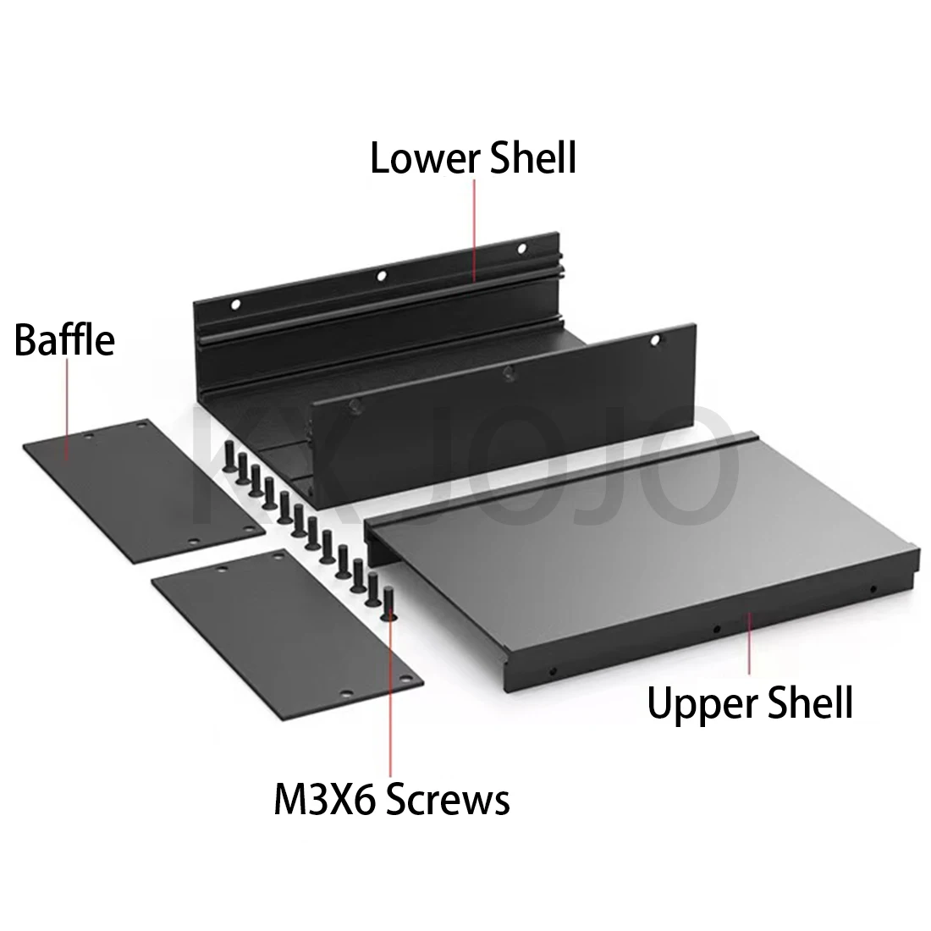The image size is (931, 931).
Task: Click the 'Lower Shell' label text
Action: click(473, 158)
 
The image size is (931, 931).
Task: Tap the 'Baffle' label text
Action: click(64, 339)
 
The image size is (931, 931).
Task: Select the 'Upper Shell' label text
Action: click(750, 704)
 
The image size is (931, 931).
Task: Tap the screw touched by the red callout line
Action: click(389, 603)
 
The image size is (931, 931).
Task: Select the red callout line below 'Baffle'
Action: click(67, 409)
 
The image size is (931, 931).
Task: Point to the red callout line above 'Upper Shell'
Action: click(749, 643)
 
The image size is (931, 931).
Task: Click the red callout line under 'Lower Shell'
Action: click(475, 229)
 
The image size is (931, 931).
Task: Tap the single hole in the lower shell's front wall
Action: click(655, 340)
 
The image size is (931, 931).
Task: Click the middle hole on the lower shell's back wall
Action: click(381, 276)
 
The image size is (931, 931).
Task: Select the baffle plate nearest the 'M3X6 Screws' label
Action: click(288, 634)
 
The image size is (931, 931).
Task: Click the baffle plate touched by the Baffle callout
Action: click(144, 491)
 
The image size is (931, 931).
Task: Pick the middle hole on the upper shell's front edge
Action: click(717, 629)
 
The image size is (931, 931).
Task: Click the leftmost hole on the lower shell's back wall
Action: click(236, 305)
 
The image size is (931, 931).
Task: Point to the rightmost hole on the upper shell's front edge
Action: click(873, 590)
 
